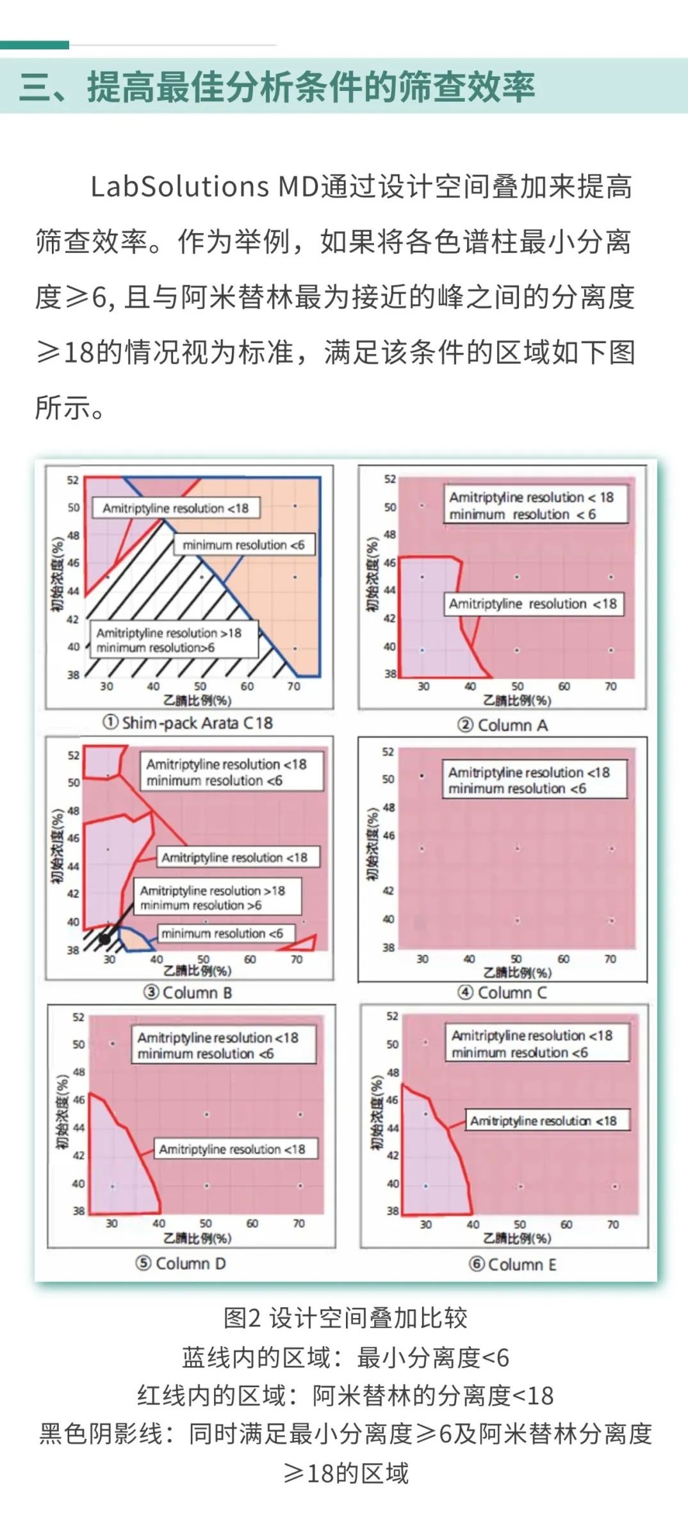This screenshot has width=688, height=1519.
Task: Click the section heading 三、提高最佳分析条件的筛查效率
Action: (277, 86)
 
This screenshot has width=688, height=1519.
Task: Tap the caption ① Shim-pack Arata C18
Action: (188, 723)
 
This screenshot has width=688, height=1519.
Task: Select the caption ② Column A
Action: (502, 725)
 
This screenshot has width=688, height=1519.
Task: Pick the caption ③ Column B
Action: (188, 992)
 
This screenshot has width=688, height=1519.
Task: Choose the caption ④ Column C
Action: (502, 992)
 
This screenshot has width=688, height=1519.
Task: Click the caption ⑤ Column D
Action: (181, 1263)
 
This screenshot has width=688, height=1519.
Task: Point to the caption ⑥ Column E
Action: (512, 1264)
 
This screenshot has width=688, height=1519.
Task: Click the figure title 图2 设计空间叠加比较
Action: (345, 1318)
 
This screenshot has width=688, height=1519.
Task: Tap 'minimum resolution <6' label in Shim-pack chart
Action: (243, 545)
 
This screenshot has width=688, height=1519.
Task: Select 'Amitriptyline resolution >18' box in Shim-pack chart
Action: (173, 639)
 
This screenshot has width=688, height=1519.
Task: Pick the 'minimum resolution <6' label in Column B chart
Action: (222, 933)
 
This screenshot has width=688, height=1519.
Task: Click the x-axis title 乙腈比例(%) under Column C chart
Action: (517, 973)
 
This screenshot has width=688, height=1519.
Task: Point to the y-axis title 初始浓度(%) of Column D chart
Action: (62, 1113)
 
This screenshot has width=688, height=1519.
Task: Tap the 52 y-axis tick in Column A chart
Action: (390, 479)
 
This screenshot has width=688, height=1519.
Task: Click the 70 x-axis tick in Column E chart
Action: (612, 1224)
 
